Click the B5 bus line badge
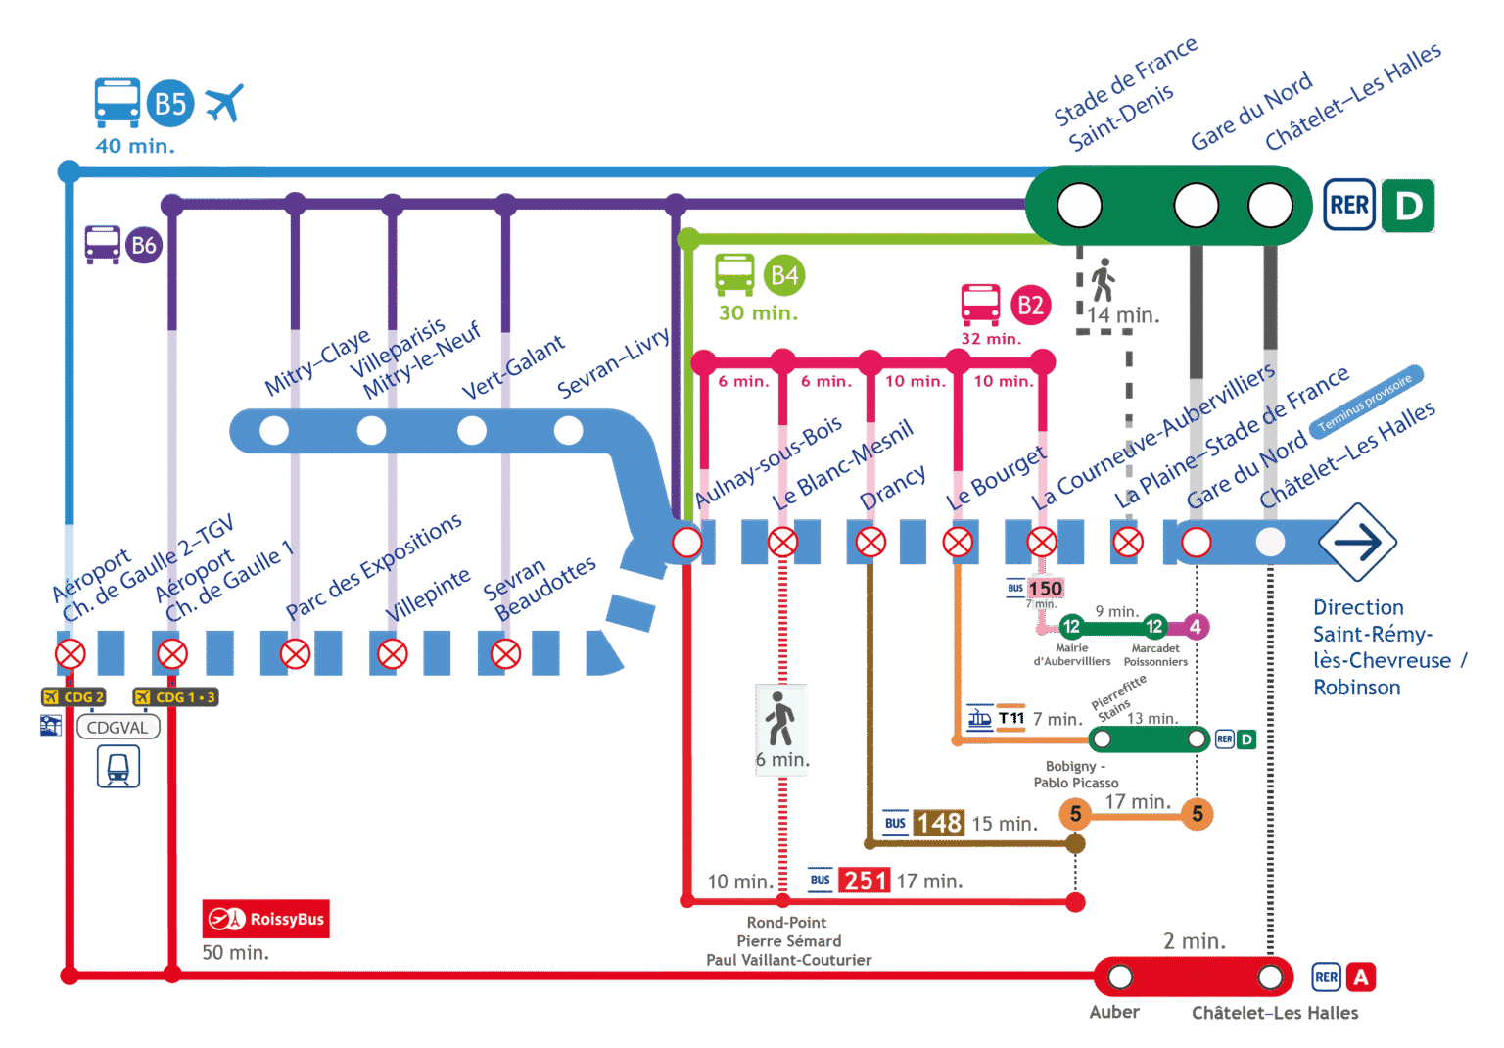coord(170,104)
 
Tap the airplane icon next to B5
coord(224,103)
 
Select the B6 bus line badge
coord(143,245)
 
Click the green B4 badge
coord(783,276)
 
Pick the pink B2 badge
coord(1030,306)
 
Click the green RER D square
coord(1408,206)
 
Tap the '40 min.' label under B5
coord(135,146)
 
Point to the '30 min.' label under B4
coord(758,313)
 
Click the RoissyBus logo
coord(265,919)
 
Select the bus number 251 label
coord(865,881)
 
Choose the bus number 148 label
coord(939,823)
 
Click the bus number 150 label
coord(1045,588)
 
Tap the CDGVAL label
coord(117,728)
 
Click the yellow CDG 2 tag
coord(73,697)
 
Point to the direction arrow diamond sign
coord(1357,542)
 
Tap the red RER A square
coord(1360,977)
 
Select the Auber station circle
coord(1120,977)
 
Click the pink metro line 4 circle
coord(1195,627)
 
